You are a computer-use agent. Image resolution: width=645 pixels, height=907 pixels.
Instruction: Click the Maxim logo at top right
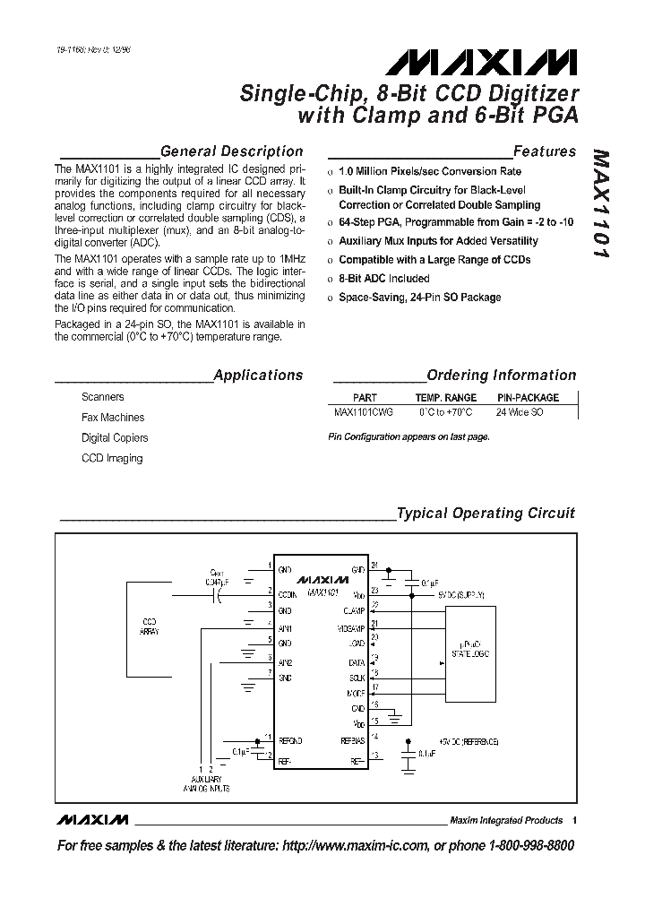[482, 62]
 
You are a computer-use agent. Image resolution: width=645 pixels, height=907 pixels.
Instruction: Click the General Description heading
[231, 151]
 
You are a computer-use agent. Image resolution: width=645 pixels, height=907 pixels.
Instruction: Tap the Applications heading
[258, 376]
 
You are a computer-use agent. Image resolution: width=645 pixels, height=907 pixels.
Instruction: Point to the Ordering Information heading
[501, 376]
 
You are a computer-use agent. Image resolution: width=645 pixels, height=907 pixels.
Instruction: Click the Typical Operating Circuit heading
[486, 514]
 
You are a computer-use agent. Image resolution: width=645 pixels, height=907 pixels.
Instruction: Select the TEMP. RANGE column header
[445, 397]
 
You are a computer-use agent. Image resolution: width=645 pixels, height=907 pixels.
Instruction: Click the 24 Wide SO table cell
[520, 412]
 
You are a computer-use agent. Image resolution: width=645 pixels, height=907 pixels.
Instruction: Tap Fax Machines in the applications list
[112, 418]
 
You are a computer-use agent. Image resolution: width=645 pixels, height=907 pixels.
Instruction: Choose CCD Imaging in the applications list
[111, 459]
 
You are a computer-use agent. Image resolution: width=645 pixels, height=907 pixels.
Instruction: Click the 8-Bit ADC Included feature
[383, 279]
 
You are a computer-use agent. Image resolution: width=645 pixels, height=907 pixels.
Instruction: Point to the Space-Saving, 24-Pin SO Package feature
[419, 298]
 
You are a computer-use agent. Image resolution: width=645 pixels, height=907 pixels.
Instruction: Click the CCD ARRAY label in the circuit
[150, 626]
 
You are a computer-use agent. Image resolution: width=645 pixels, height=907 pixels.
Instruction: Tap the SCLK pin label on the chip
[356, 677]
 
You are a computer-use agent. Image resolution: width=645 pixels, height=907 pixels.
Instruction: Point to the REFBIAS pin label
[350, 741]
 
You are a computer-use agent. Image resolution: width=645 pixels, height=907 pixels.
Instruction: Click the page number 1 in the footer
[574, 820]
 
